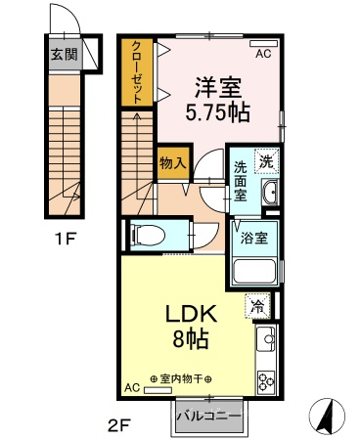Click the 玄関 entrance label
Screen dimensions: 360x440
point(65,54)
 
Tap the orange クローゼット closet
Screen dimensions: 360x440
point(137,72)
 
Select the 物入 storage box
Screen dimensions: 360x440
point(173,162)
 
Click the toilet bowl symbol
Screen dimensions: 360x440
point(147,235)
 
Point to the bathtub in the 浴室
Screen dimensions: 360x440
point(255,272)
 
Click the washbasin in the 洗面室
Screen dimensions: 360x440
point(270,192)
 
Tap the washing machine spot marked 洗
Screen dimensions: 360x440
point(267,160)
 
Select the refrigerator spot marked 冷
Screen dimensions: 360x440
point(257,306)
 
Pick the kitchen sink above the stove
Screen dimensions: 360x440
point(266,339)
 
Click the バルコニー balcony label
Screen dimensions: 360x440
point(208,417)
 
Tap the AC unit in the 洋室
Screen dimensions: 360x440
point(263,43)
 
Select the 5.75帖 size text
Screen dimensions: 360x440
point(217,112)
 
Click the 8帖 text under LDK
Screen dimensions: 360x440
point(191,339)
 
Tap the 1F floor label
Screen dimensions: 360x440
point(66,241)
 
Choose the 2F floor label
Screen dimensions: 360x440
point(119,424)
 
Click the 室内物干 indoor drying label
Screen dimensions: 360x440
point(181,379)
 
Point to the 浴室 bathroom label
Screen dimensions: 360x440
point(254,238)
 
